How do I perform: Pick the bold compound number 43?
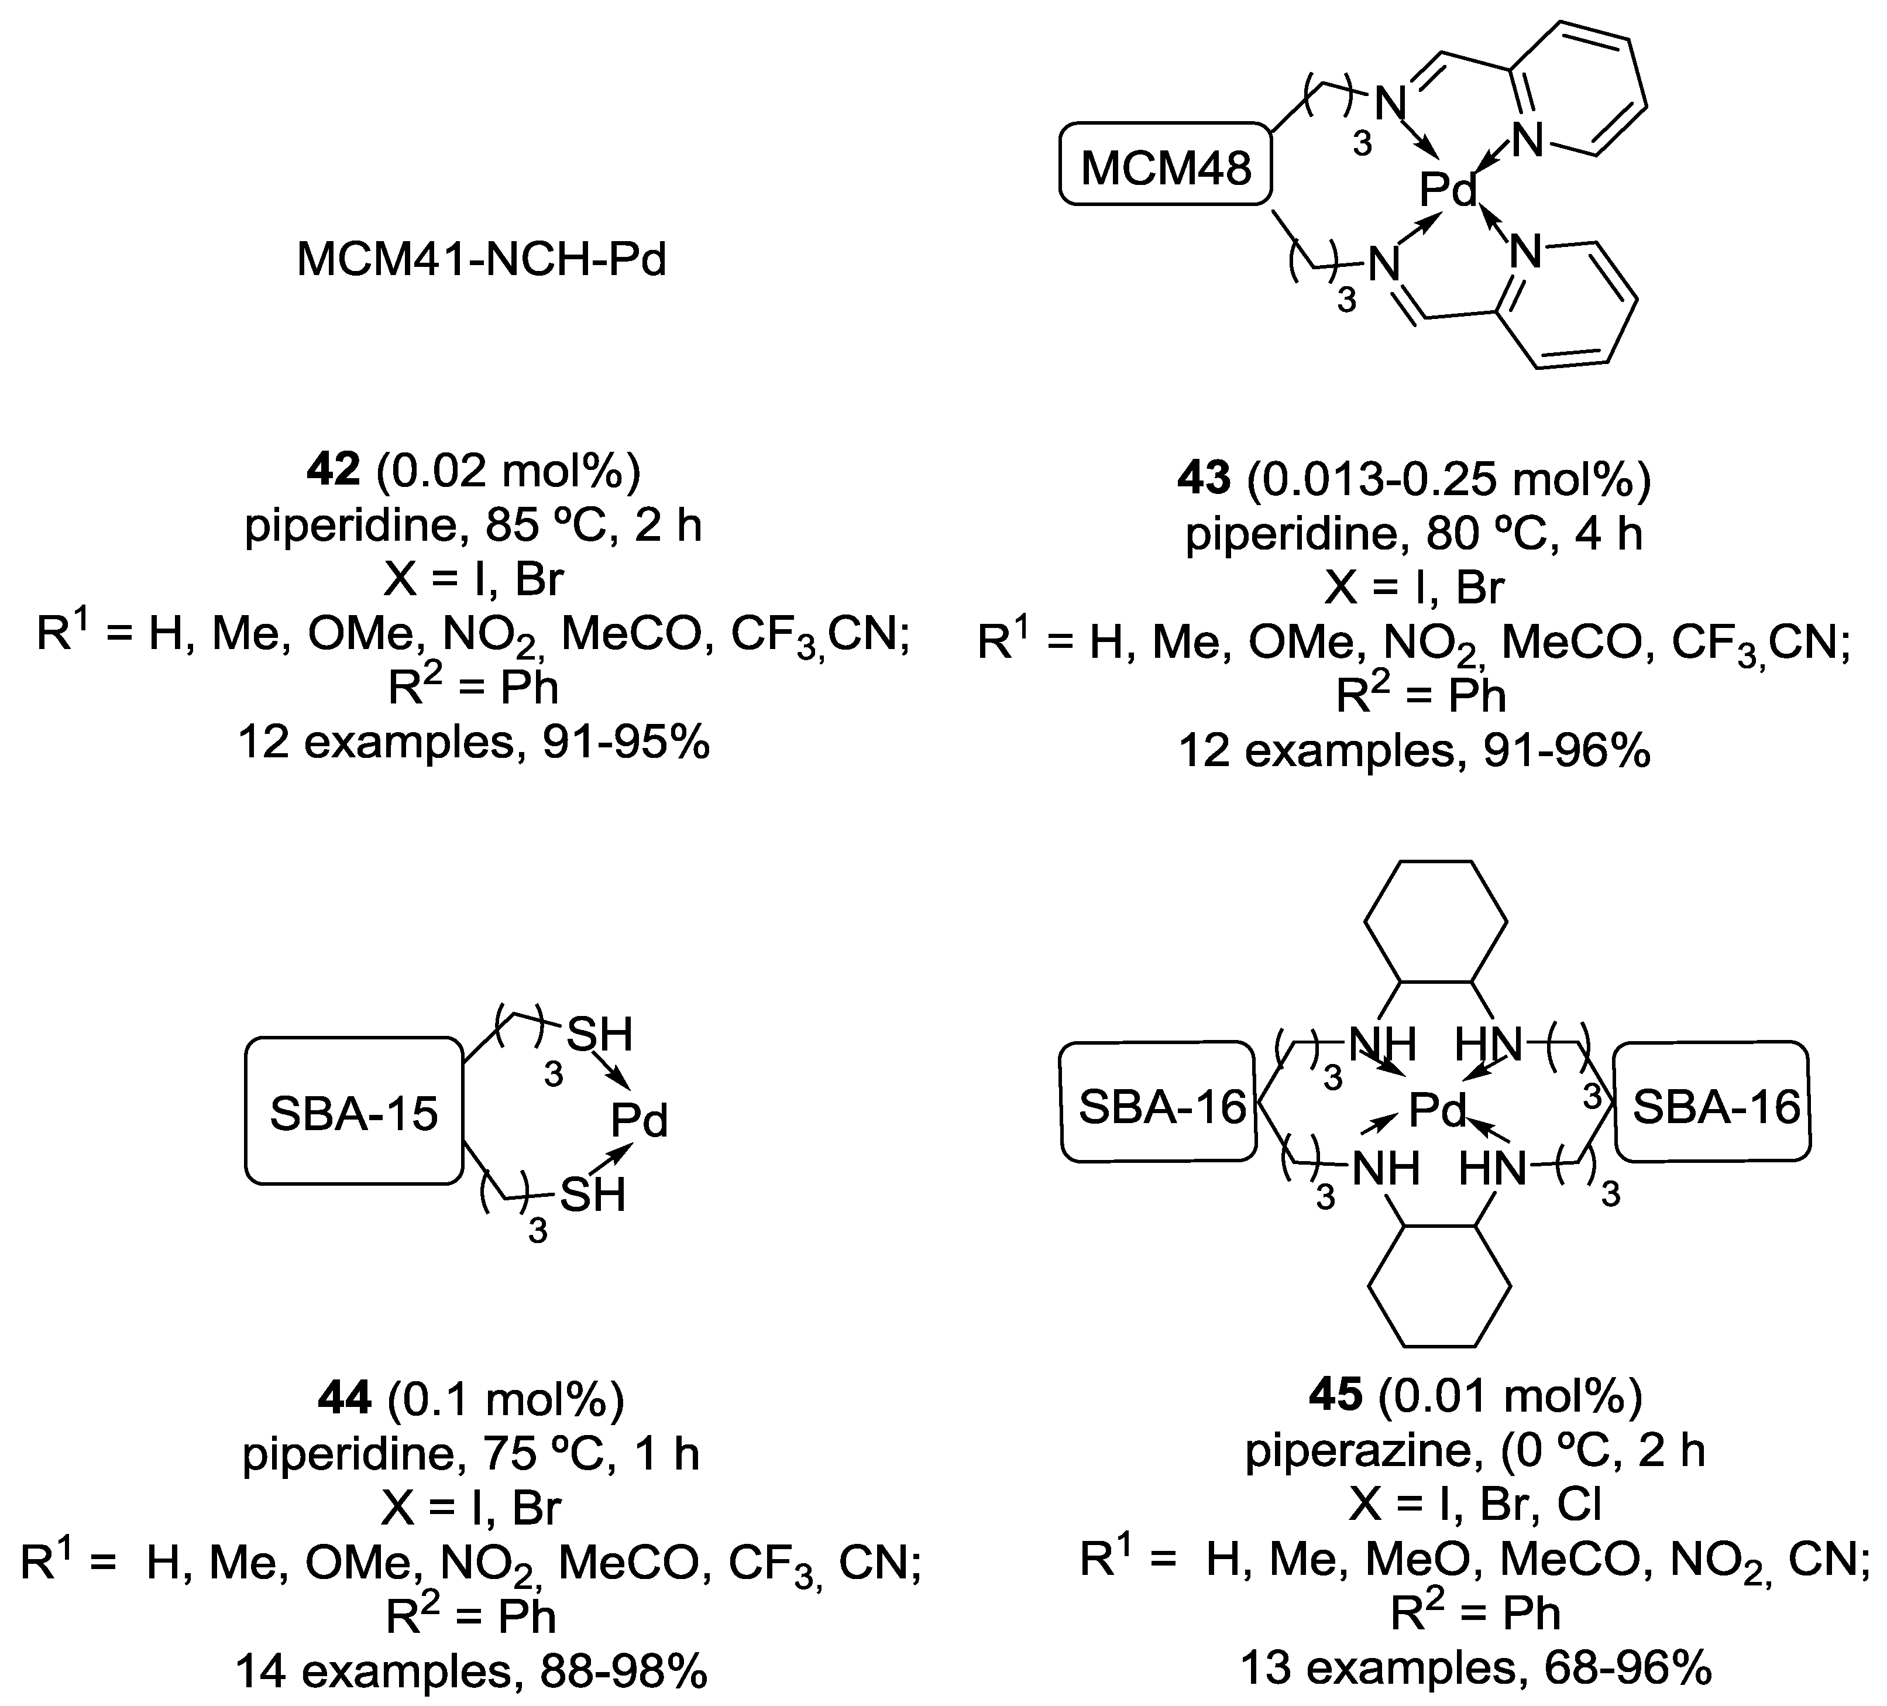(1203, 479)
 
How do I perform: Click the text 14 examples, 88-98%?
(472, 1671)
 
